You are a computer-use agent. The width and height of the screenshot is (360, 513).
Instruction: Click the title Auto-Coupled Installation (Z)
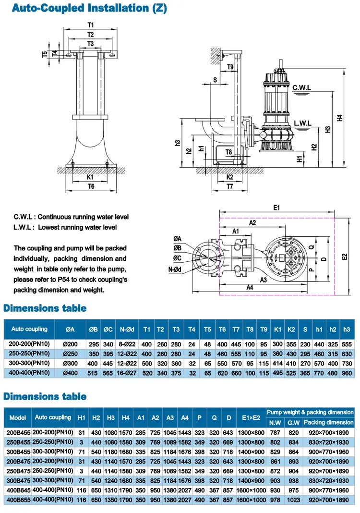click(x=86, y=8)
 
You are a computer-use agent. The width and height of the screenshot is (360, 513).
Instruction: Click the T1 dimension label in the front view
click(x=91, y=24)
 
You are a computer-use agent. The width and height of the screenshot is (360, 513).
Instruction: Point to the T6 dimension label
click(x=91, y=187)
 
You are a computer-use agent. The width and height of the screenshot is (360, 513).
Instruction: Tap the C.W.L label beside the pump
click(x=302, y=87)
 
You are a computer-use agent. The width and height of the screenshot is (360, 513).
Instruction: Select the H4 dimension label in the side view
click(x=339, y=117)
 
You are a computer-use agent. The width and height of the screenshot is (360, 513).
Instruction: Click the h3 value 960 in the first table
click(x=347, y=373)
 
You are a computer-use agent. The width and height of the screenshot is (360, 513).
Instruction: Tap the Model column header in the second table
click(x=18, y=417)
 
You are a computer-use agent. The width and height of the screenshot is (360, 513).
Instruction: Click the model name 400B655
click(x=18, y=500)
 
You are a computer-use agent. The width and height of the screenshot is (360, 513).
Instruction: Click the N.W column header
click(x=275, y=423)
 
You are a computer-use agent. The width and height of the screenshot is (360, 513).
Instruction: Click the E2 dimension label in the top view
click(x=344, y=257)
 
